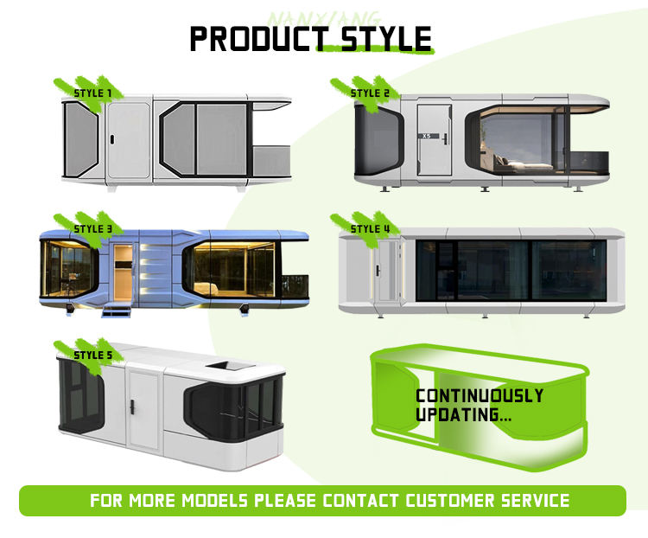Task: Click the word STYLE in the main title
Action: [x=380, y=38]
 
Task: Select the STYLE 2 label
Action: [x=370, y=92]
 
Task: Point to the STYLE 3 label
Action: [x=93, y=228]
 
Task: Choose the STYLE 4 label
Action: [x=371, y=228]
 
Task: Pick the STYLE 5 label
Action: [x=93, y=355]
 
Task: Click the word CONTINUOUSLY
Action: [x=479, y=396]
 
